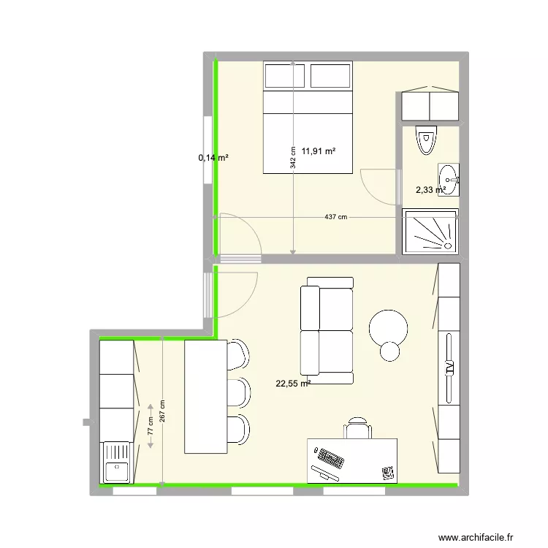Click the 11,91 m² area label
pyautogui.click(x=319, y=151)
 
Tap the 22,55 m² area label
pyautogui.click(x=293, y=381)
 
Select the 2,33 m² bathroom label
pyautogui.click(x=430, y=190)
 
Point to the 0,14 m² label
pyautogui.click(x=213, y=157)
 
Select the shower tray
pyautogui.click(x=430, y=231)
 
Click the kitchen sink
pyautogui.click(x=117, y=462)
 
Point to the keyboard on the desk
pyautogui.click(x=330, y=460)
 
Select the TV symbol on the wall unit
pyautogui.click(x=449, y=367)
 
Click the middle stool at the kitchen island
pyautogui.click(x=238, y=391)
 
